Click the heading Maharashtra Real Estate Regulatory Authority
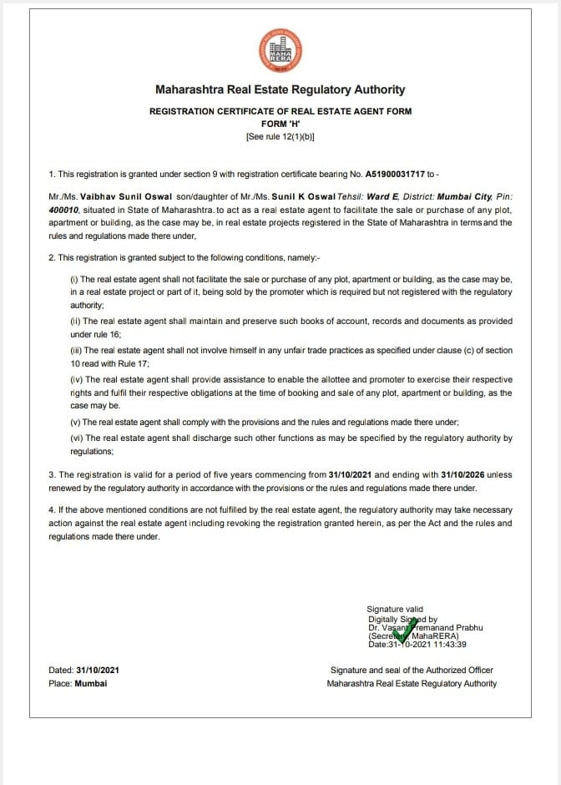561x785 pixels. click(280, 89)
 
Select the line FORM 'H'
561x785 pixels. click(280, 123)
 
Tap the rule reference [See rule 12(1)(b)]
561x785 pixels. click(280, 136)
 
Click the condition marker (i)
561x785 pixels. click(74, 279)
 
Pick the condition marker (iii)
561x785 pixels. click(75, 351)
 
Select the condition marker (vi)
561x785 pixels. click(75, 438)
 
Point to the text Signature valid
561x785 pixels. click(395, 610)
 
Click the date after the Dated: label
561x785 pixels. click(98, 670)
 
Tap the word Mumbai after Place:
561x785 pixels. click(91, 683)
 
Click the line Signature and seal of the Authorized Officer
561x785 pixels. click(412, 670)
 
